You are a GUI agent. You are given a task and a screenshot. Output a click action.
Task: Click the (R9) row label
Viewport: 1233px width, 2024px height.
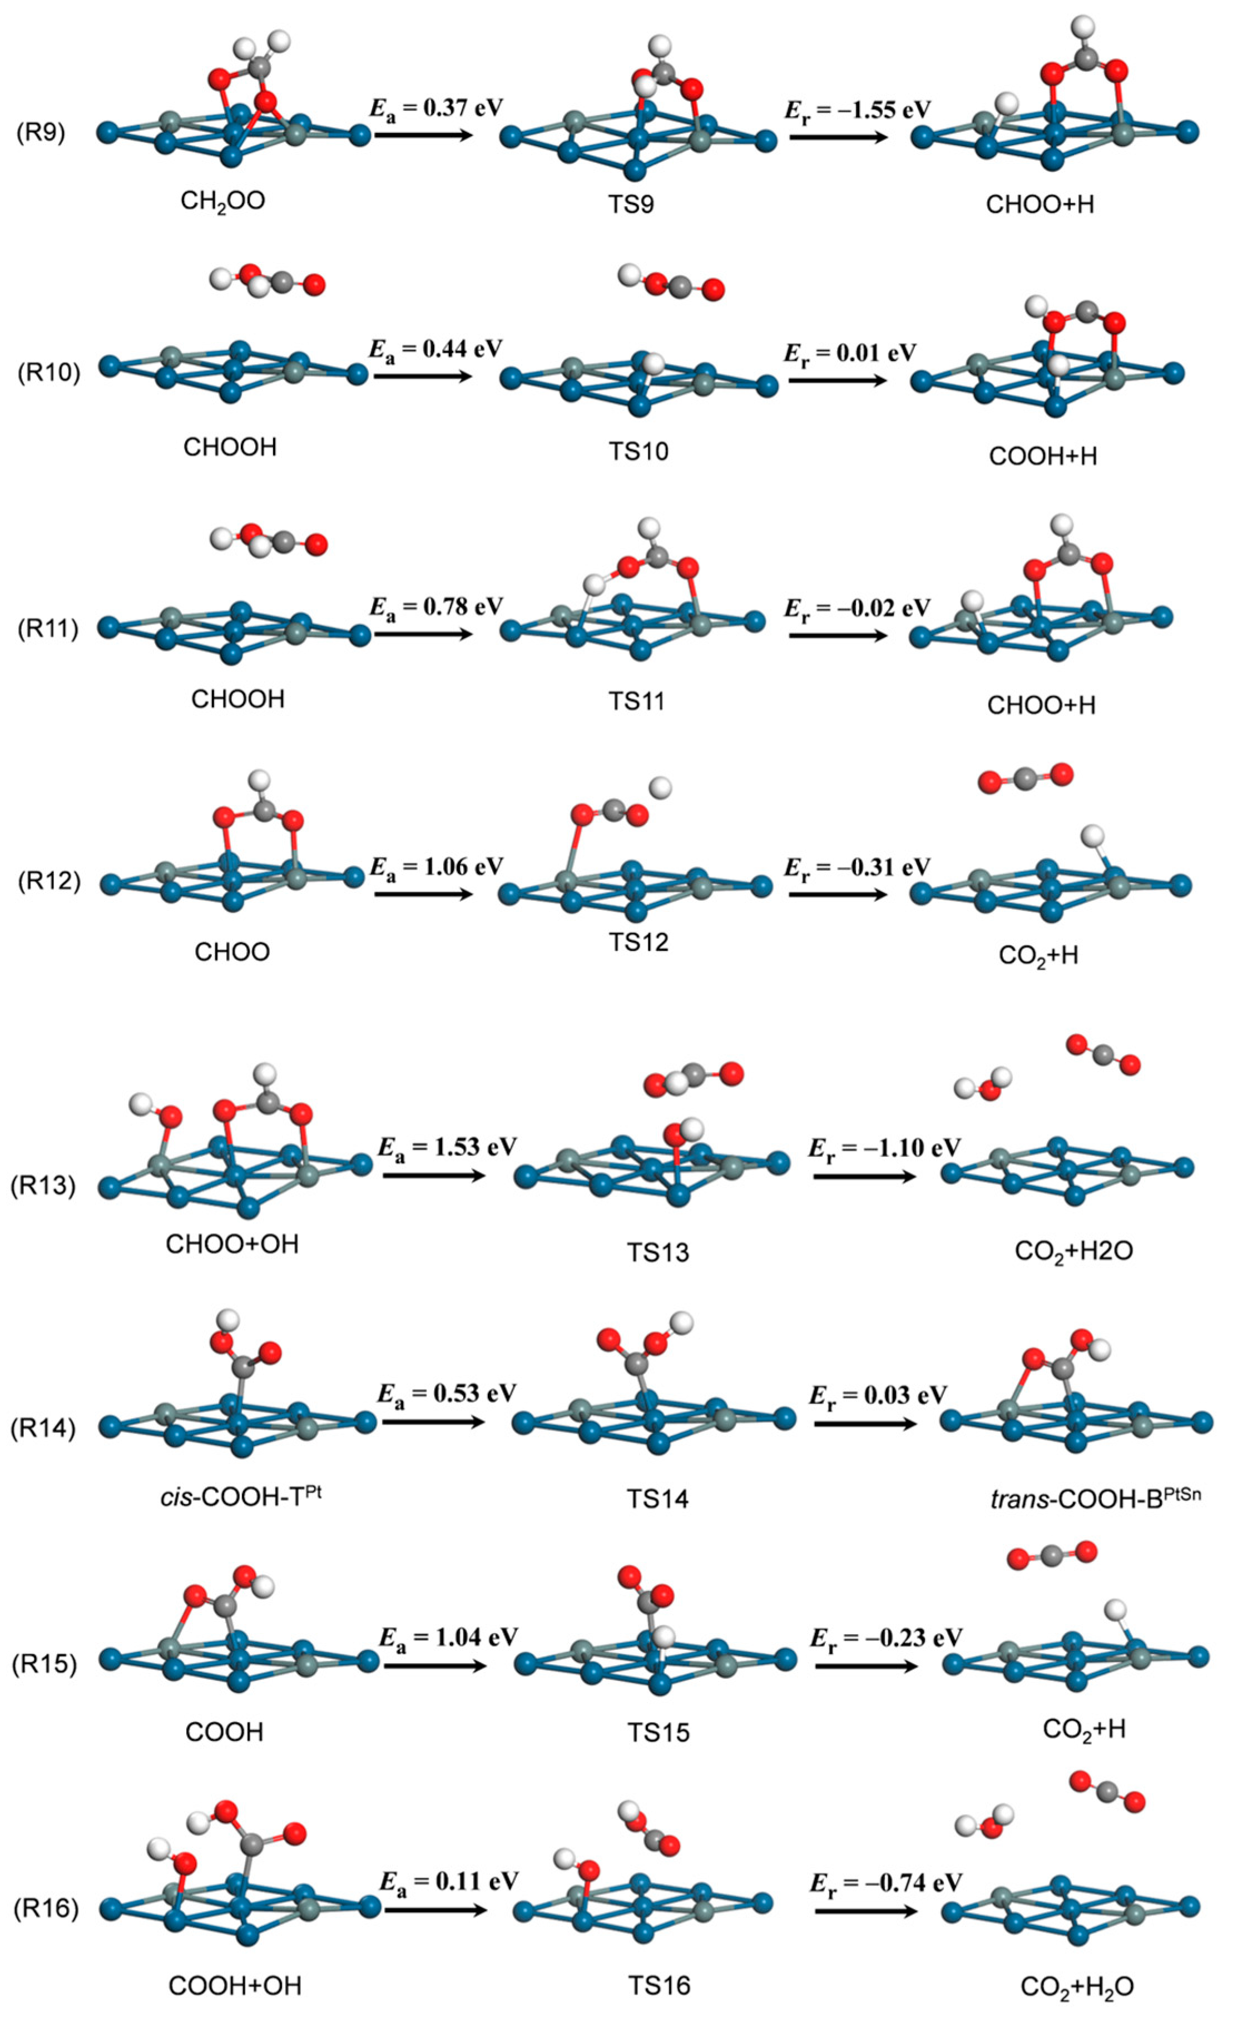coord(41,133)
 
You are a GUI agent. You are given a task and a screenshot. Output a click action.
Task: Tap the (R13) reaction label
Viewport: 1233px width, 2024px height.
coord(43,1185)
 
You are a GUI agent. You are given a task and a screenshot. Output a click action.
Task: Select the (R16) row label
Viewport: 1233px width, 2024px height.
coord(45,1907)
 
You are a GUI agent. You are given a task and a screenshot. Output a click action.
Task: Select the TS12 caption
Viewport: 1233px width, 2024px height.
coord(638,941)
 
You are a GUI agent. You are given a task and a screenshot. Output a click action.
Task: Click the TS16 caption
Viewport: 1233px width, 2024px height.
coord(659,1986)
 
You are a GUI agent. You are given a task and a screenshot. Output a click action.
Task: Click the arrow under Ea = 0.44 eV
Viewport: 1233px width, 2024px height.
coord(423,376)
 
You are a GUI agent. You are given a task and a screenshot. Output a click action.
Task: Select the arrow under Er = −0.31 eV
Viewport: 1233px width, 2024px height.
coord(838,892)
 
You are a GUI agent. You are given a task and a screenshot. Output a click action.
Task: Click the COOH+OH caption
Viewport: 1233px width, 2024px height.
coord(235,1986)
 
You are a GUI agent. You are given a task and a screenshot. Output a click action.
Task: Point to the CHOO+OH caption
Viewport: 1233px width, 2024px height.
coord(232,1244)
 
